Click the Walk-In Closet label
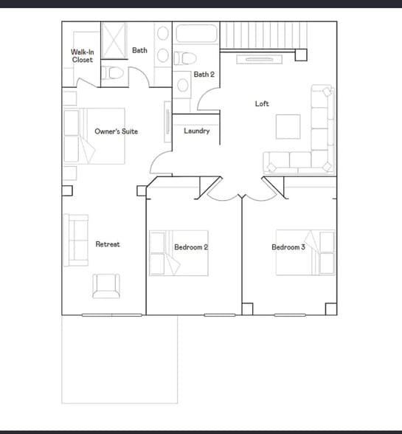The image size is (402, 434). coord(82,56)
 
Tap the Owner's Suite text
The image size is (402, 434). coord(116,131)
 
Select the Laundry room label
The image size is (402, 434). coord(197,131)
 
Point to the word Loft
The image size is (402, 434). coord(262,104)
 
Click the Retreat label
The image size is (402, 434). coord(108,244)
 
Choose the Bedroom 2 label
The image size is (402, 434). coord(191,247)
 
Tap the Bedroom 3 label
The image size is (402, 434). coord(288,247)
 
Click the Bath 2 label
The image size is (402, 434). coord(204,75)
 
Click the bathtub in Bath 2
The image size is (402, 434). coord(196,35)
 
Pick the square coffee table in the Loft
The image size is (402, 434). coord(288,126)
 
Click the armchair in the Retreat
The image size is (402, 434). coord(105,286)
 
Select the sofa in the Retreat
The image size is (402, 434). coord(76,240)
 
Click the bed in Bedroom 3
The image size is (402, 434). coord(305,252)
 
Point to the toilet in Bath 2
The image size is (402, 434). coord(186,58)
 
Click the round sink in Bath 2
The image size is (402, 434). coord(184,84)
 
